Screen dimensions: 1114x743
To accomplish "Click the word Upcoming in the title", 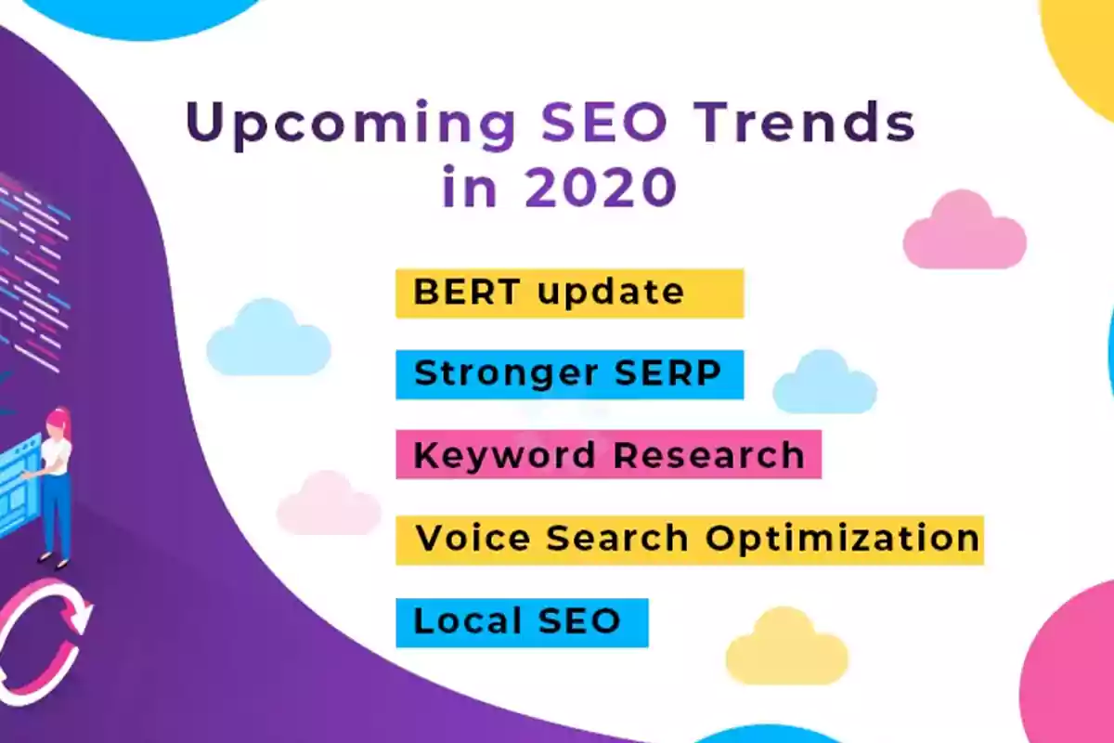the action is coord(351,124).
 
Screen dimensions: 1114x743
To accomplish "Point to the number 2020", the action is coord(601,187).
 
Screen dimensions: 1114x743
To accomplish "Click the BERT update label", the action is coord(569,293).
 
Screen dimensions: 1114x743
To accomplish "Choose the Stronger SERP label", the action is coord(569,374).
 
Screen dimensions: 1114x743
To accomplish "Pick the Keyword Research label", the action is coord(608,454).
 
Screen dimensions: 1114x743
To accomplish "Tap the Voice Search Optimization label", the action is coord(690,541).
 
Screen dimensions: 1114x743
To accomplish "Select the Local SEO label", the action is coord(522,622).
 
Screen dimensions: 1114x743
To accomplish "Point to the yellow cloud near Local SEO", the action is coord(787,647).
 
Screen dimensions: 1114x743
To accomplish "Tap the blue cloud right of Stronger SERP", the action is coord(824,383).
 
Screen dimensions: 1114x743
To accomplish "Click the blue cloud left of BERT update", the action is coord(268,338).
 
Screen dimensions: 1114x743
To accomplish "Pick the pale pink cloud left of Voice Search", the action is coord(329,503).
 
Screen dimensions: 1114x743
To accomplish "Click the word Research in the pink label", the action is coord(708,455).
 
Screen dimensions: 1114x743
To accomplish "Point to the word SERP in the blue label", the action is coord(667,373).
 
